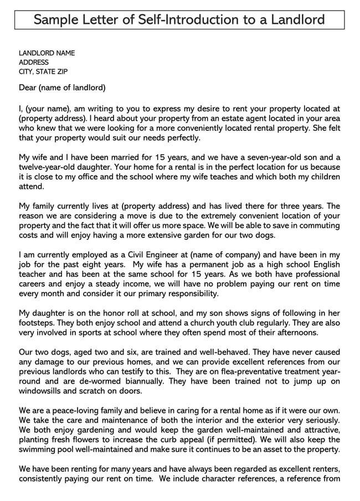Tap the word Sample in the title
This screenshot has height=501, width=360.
(x=56, y=20)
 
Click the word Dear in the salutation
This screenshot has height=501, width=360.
(x=28, y=87)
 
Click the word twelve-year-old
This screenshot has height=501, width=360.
(x=48, y=167)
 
